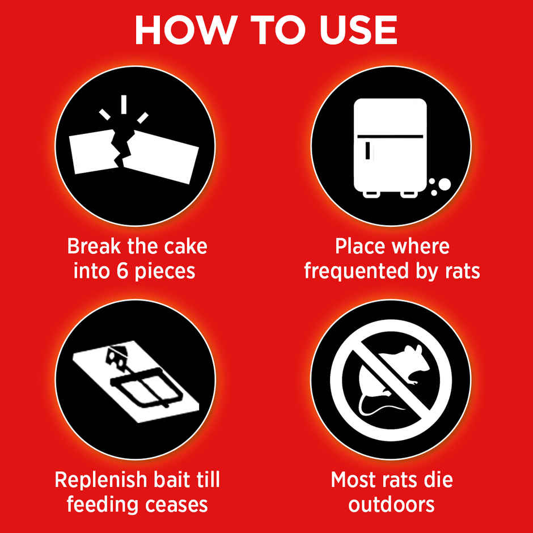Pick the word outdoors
pos(391,504)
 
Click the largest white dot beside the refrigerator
pos(445,184)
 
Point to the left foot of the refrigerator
pos(371,194)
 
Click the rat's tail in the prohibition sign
pos(377,404)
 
